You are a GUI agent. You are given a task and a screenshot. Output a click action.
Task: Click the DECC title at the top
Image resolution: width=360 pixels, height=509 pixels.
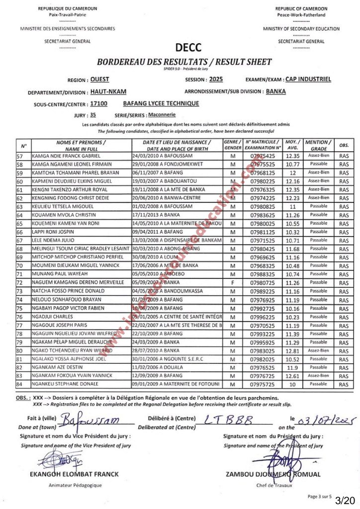(188, 48)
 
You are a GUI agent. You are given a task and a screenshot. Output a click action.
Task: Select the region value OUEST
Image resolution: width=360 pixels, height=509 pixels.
(100, 79)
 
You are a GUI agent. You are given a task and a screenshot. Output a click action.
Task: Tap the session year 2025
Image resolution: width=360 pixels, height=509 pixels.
(216, 79)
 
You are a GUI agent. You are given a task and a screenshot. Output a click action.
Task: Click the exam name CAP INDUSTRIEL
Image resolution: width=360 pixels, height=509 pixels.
(308, 79)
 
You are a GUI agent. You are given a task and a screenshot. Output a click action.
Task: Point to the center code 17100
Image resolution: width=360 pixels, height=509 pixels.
(99, 104)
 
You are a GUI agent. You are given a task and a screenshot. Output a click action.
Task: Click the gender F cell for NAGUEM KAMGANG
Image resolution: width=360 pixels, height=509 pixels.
(232, 282)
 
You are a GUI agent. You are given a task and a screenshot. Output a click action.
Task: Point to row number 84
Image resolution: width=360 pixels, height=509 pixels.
(20, 384)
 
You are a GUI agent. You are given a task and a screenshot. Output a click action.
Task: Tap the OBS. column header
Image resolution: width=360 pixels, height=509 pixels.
(344, 145)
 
